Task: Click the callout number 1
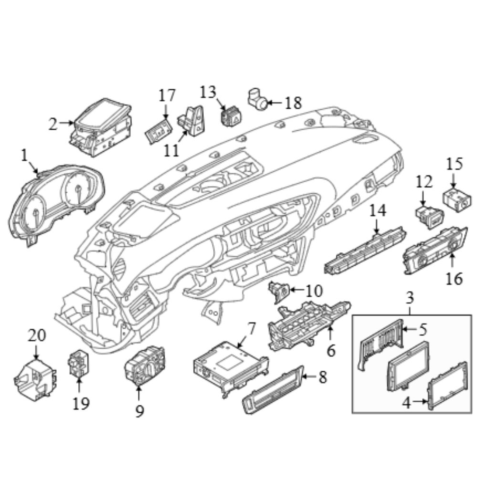[25, 156]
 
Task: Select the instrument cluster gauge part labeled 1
[56, 205]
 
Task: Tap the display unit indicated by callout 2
[101, 127]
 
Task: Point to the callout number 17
[167, 95]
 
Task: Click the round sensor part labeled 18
[258, 99]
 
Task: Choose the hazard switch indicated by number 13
[231, 116]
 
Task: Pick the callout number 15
[454, 164]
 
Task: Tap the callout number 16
[454, 279]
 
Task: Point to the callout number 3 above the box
[410, 298]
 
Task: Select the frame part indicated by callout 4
[447, 385]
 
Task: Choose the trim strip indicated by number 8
[273, 389]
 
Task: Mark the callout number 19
[81, 404]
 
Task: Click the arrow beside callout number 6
[330, 333]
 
